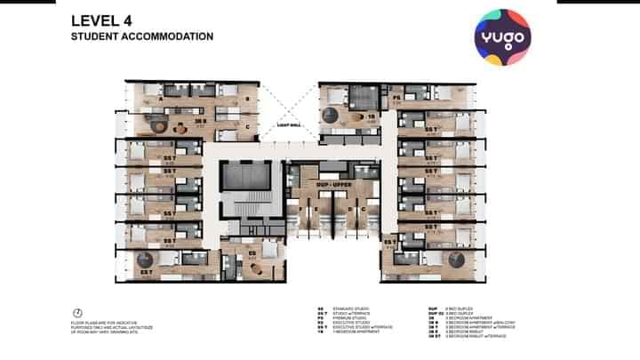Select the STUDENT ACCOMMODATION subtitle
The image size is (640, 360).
[142, 37]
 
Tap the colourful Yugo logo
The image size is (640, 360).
[501, 37]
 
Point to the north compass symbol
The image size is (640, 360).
[77, 312]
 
